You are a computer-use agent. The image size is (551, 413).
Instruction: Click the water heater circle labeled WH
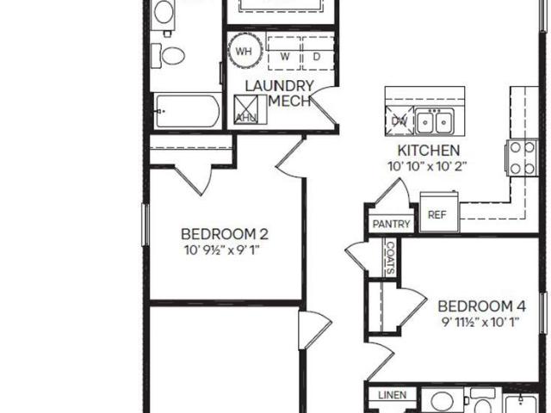pyautogui.click(x=245, y=51)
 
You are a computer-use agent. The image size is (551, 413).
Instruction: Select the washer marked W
pyautogui.click(x=284, y=53)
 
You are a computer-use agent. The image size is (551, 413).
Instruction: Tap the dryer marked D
pyautogui.click(x=318, y=53)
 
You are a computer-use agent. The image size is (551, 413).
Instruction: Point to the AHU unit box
pyautogui.click(x=246, y=109)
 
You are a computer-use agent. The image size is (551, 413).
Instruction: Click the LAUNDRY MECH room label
pyautogui.click(x=279, y=94)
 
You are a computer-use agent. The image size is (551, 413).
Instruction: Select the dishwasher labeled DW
pyautogui.click(x=399, y=120)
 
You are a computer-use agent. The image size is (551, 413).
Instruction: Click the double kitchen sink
pyautogui.click(x=434, y=121)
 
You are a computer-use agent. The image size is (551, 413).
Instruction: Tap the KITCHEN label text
pyautogui.click(x=429, y=151)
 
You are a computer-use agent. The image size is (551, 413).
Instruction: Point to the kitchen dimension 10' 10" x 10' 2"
pyautogui.click(x=427, y=166)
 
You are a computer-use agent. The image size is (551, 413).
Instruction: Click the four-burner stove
pyautogui.click(x=523, y=157)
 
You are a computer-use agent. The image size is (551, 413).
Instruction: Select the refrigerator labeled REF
pyautogui.click(x=439, y=213)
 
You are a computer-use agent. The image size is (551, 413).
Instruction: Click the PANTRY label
pyautogui.click(x=391, y=224)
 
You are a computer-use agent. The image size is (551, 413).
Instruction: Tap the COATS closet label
pyautogui.click(x=390, y=257)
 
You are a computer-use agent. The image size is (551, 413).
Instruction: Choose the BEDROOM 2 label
pyautogui.click(x=225, y=234)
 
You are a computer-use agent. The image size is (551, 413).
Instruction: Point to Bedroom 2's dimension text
pyautogui.click(x=222, y=250)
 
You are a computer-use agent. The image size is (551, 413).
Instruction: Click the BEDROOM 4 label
pyautogui.click(x=482, y=306)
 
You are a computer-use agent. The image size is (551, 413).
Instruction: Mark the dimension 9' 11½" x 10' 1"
pyautogui.click(x=480, y=323)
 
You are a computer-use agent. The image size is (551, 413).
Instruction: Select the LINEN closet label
pyautogui.click(x=393, y=395)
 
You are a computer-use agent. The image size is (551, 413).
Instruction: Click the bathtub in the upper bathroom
pyautogui.click(x=187, y=111)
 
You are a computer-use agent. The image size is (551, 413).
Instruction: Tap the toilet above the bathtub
pyautogui.click(x=168, y=55)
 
